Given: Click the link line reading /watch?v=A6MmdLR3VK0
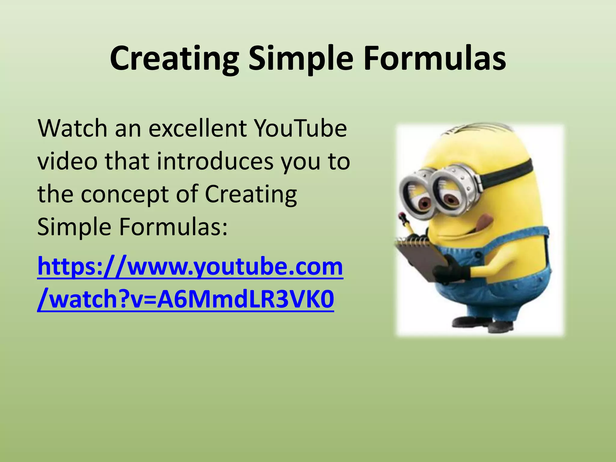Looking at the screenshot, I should coord(185,300).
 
